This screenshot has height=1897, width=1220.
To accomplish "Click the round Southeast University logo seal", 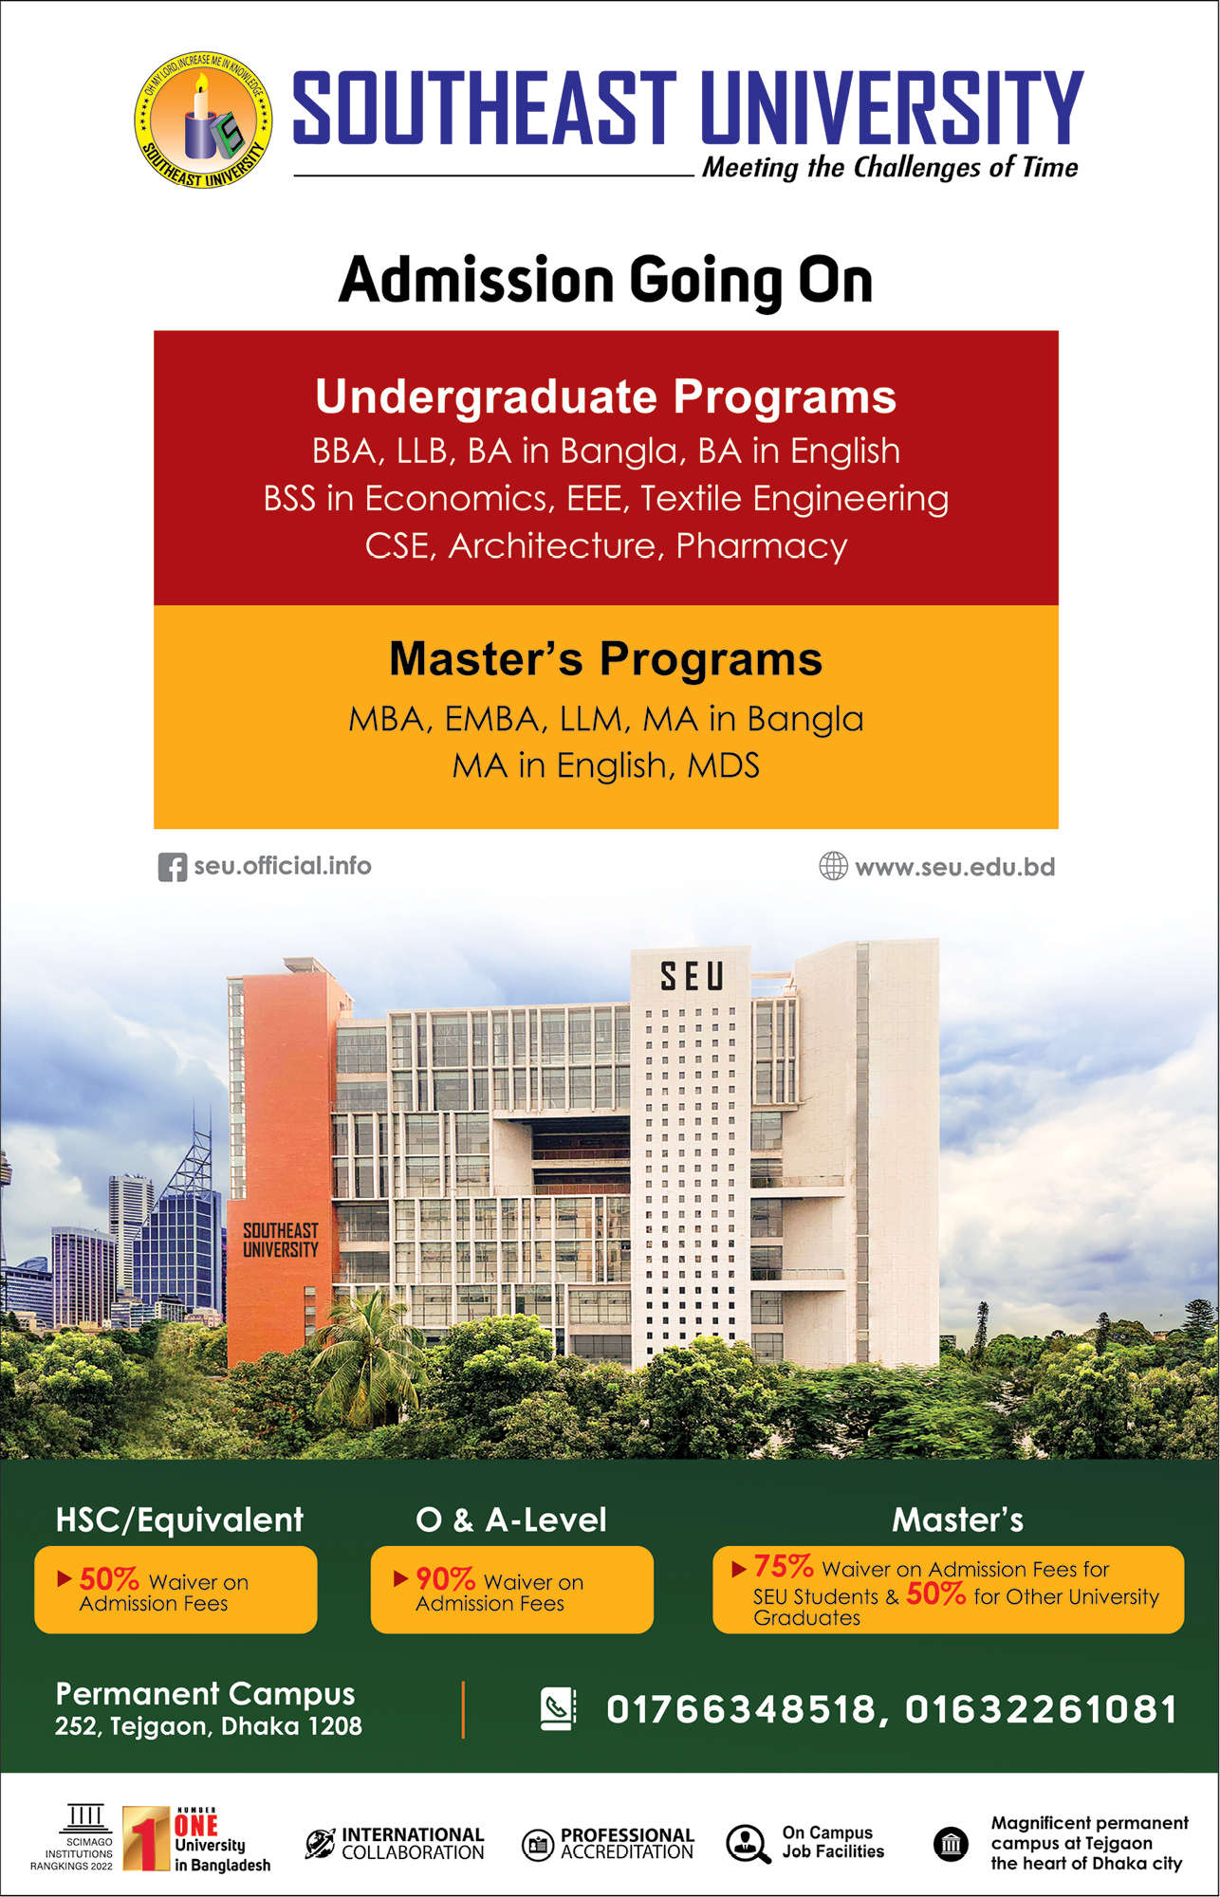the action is click(x=203, y=120).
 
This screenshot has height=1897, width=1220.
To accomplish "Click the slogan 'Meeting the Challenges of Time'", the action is click(x=890, y=168).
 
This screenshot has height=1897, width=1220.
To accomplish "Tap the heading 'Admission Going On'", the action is click(x=605, y=281).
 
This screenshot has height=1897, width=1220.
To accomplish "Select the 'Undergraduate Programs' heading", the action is click(x=605, y=396).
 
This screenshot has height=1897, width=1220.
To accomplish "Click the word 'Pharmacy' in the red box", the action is click(x=762, y=547).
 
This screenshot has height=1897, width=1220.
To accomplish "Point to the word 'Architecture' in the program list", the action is click(x=552, y=545).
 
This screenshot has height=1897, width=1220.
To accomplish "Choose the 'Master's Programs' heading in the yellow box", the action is click(x=605, y=658).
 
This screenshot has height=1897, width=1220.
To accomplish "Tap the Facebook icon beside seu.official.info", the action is click(x=172, y=867).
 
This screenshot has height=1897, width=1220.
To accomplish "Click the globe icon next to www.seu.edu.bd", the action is click(x=833, y=866).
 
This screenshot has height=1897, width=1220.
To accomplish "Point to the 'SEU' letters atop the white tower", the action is click(x=692, y=976).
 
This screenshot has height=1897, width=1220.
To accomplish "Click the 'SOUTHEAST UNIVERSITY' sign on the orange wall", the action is click(x=281, y=1241).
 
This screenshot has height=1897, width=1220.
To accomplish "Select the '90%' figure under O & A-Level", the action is click(x=445, y=1579).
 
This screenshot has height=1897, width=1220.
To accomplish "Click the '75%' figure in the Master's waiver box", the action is click(x=783, y=1565).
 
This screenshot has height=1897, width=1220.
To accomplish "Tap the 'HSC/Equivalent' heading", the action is click(x=179, y=1519).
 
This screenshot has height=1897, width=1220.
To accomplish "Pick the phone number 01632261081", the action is click(x=1041, y=1709).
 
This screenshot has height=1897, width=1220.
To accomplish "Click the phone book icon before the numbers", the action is click(x=558, y=1709).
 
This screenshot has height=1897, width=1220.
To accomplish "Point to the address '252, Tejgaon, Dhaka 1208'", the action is click(x=208, y=1726).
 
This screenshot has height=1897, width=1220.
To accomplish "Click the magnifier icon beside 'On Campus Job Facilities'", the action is click(x=748, y=1844).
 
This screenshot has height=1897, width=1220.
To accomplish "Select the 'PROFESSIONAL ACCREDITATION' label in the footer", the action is click(x=627, y=1843).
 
